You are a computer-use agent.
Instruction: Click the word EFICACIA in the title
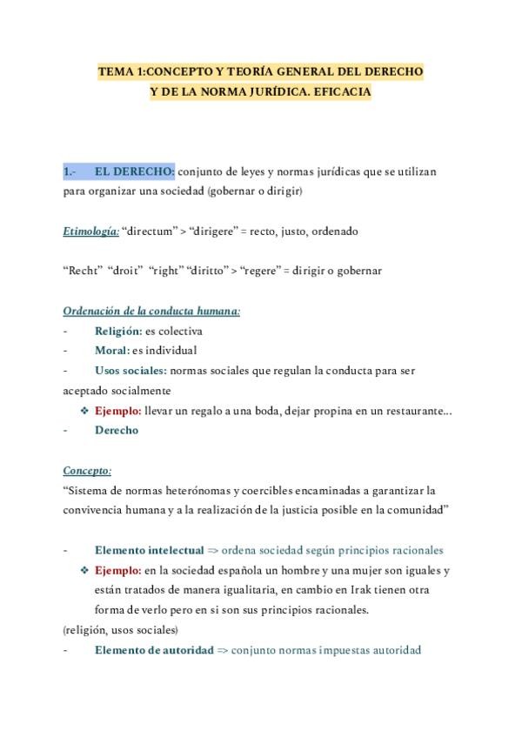[339, 91]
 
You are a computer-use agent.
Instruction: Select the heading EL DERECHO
[134, 171]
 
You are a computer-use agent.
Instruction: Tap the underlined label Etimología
[90, 232]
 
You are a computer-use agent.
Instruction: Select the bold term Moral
[110, 351]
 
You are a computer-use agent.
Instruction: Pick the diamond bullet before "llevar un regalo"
[84, 410]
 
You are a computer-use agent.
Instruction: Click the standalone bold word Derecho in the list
[116, 430]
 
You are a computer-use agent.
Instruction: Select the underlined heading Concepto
[87, 471]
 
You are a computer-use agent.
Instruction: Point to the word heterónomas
[189, 491]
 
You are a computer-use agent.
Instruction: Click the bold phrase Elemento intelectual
[149, 550]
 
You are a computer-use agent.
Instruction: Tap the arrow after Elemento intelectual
[215, 550]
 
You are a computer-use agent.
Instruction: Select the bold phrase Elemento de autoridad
[153, 650]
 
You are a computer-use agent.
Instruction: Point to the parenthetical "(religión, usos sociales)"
[121, 629]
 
